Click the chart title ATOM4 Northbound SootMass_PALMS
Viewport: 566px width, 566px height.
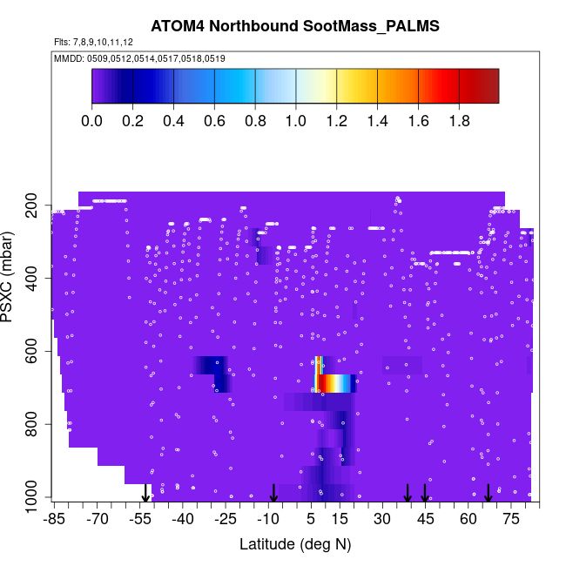pos(295,26)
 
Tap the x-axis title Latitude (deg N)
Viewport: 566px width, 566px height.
pos(295,544)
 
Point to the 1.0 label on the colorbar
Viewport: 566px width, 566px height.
pos(296,120)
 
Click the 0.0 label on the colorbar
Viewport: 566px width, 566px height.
pos(92,120)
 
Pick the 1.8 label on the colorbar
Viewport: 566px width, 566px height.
pos(459,120)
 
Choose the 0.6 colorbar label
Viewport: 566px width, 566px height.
pos(215,120)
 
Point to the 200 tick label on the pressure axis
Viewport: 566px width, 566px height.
pos(33,205)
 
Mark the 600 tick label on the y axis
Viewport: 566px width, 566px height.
pos(33,351)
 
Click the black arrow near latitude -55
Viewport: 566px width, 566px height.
pos(145,494)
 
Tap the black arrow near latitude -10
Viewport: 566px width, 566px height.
pos(273,493)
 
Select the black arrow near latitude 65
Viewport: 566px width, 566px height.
pos(489,493)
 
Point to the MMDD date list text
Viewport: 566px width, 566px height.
pos(139,58)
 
